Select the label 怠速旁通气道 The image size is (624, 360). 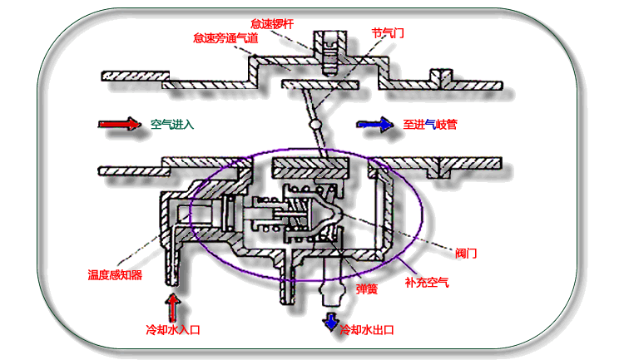click(x=223, y=37)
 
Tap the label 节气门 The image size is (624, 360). click(x=388, y=32)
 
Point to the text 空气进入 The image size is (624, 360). click(x=172, y=125)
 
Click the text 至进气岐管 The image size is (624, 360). click(x=430, y=125)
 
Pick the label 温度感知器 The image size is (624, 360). click(x=116, y=274)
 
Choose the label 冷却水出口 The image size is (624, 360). click(x=366, y=329)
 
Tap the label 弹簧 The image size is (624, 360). click(x=367, y=288)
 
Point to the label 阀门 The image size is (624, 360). click(x=467, y=252)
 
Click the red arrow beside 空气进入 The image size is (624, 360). click(x=119, y=125)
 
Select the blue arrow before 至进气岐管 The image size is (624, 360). click(x=374, y=125)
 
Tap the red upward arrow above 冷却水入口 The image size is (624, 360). click(x=172, y=305)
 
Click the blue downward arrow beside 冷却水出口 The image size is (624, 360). click(x=331, y=321)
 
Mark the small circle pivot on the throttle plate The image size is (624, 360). click(x=315, y=125)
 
